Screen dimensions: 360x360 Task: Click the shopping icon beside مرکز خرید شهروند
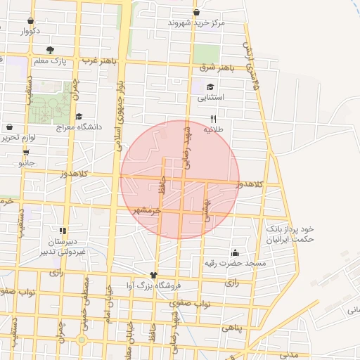196,12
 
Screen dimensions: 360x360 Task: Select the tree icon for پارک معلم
50,50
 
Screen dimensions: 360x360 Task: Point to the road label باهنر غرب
98,60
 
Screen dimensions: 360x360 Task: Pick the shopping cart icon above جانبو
26,152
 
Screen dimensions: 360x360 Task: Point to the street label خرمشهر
146,210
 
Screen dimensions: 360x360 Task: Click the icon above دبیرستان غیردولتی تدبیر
63,230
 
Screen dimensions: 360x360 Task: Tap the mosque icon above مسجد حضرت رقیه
234,252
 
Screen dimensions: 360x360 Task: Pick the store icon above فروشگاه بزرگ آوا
154,274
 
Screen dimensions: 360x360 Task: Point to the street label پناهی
231,328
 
